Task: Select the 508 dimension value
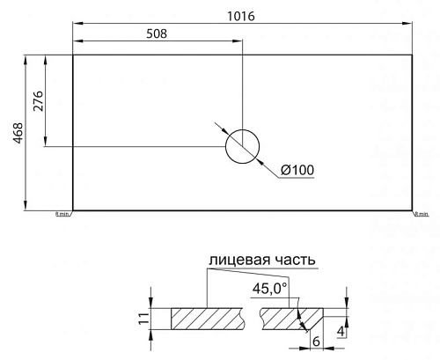click(153, 33)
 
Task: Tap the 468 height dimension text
click(18, 133)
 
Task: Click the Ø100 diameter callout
click(297, 170)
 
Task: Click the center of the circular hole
click(242, 146)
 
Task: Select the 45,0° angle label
click(270, 288)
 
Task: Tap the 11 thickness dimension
click(143, 319)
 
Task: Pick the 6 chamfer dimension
click(315, 341)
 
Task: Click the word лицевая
click(238, 260)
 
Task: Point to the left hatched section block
click(207, 319)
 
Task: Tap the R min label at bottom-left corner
click(62, 214)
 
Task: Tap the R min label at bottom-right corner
click(421, 214)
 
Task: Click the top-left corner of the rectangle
click(72, 55)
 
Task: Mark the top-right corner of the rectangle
click(413, 55)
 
